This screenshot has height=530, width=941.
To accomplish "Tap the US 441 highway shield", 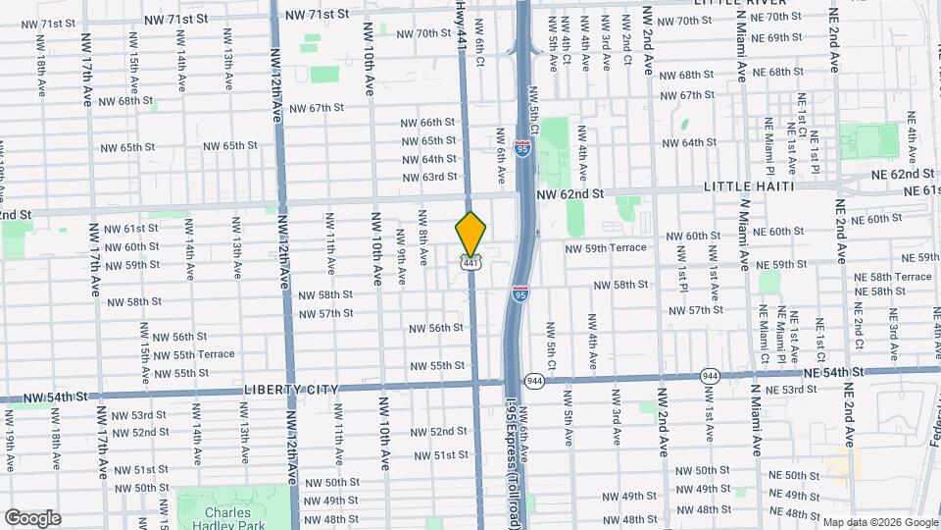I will click(x=471, y=263).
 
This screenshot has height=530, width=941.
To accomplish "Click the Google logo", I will click(x=32, y=517).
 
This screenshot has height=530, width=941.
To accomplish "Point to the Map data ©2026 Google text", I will click(x=879, y=522).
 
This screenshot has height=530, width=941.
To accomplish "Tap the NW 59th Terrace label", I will click(x=605, y=248).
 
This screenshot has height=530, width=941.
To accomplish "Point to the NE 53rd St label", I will click(x=792, y=390).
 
